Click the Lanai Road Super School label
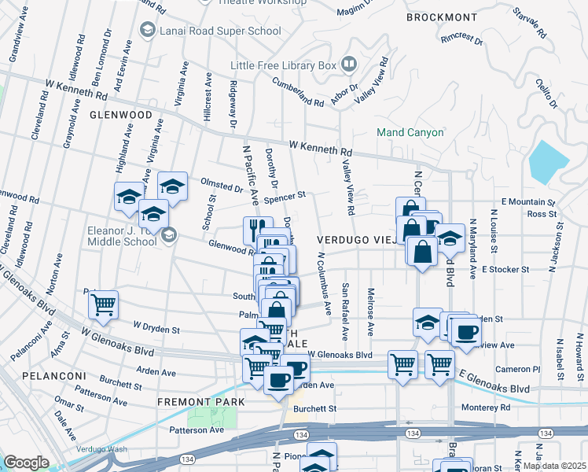[x=220, y=31]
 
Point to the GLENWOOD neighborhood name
[x=120, y=115]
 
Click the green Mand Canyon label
[x=410, y=132]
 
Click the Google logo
[x=26, y=463]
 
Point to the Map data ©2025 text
[x=554, y=466]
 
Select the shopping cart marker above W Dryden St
[x=104, y=304]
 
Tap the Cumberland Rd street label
[x=298, y=91]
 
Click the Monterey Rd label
[x=487, y=407]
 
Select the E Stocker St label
[x=507, y=269]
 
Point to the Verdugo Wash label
[x=101, y=449]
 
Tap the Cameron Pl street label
[x=518, y=368]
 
